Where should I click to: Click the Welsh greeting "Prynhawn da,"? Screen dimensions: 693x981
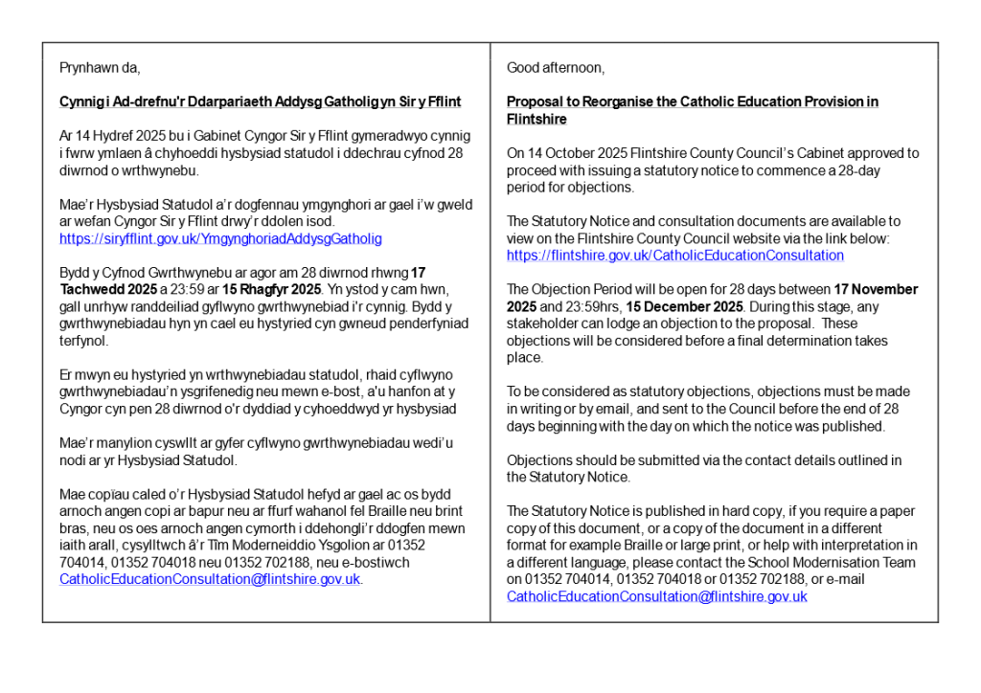point(100,68)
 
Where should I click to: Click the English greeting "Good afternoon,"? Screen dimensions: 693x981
point(556,68)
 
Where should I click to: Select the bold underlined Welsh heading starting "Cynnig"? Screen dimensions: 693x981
point(260,101)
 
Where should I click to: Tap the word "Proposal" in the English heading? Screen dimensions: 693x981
point(534,101)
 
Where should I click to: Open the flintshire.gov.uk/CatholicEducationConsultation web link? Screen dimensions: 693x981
point(675,256)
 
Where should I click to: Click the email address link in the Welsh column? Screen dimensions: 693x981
point(210,579)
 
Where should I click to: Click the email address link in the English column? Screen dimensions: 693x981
point(657,596)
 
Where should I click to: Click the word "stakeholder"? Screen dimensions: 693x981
point(539,324)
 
